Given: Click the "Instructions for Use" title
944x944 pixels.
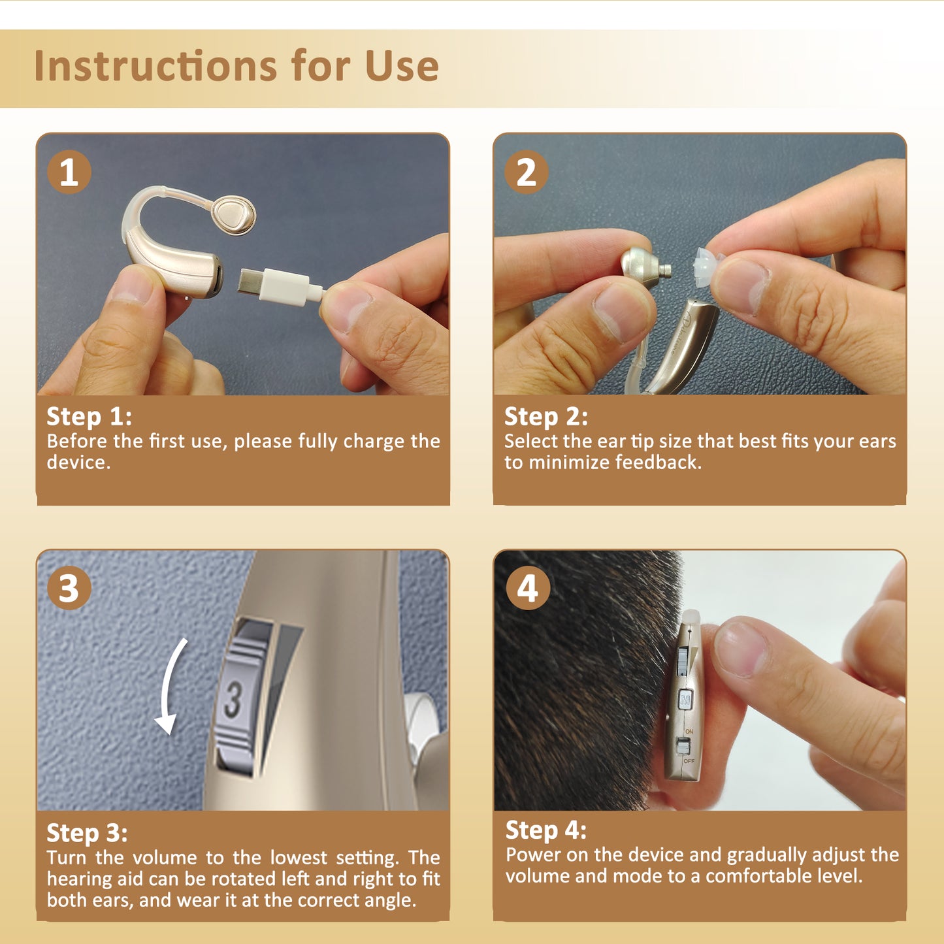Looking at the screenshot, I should click(x=236, y=66).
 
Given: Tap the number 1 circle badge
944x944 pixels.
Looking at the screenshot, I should click(x=69, y=172).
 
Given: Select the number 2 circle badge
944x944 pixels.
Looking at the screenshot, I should click(x=526, y=172).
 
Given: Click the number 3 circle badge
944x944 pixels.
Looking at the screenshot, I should click(x=69, y=588).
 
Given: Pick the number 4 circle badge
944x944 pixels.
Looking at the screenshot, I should click(x=528, y=588).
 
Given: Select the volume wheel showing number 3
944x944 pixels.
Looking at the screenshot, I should click(x=238, y=699).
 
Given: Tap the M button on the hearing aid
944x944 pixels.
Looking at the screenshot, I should click(x=685, y=700).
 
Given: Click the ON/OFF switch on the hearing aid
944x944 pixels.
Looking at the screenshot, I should click(x=684, y=745).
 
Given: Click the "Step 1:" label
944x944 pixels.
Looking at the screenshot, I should click(x=89, y=416).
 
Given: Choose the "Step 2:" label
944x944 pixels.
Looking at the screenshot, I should click(x=545, y=416).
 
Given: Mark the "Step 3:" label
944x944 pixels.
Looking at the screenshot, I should click(x=87, y=833).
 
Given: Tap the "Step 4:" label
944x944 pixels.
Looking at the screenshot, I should click(x=545, y=830).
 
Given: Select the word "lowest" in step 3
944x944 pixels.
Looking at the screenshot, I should click(x=299, y=857).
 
